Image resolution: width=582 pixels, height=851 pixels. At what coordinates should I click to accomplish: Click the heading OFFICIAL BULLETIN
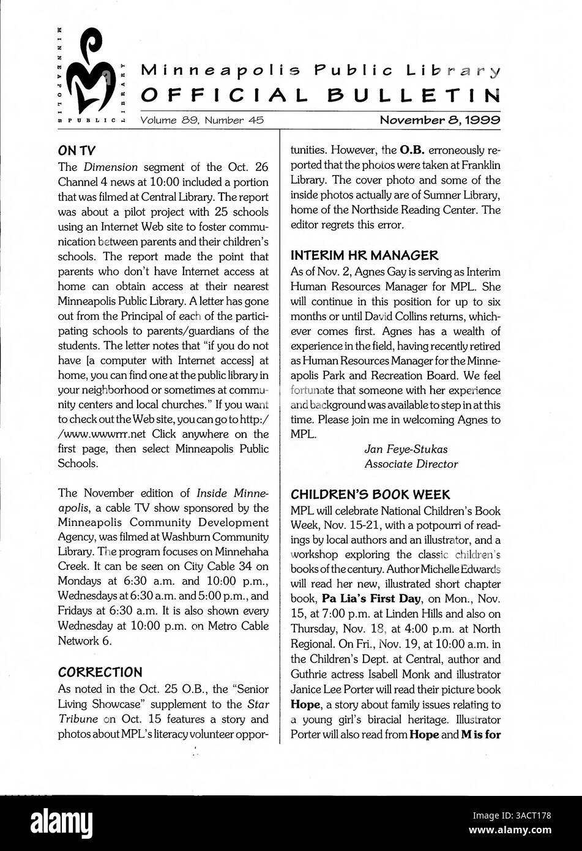[321, 95]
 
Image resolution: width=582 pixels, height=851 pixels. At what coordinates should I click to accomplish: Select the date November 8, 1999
[440, 121]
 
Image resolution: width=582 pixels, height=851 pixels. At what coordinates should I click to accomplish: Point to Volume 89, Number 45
[202, 121]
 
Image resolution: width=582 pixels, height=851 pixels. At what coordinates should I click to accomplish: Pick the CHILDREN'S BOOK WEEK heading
[370, 493]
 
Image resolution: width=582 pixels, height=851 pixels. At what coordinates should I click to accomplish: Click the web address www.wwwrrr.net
[102, 434]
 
